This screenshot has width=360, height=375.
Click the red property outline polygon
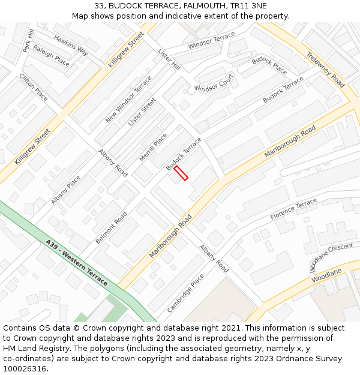click(x=181, y=173)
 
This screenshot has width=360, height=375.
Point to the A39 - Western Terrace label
click(x=77, y=263)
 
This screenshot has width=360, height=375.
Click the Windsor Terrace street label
click(x=211, y=41)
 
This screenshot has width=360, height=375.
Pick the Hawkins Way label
click(x=71, y=45)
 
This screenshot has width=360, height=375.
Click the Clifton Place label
click(x=34, y=87)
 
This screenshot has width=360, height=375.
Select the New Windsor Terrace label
click(x=128, y=100)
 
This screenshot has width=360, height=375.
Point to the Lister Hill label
click(x=169, y=60)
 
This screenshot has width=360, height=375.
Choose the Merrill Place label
click(x=153, y=148)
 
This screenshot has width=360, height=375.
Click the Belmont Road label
click(x=111, y=227)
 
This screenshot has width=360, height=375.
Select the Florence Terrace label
click(x=293, y=208)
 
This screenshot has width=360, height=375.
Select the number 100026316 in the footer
click(x=26, y=368)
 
